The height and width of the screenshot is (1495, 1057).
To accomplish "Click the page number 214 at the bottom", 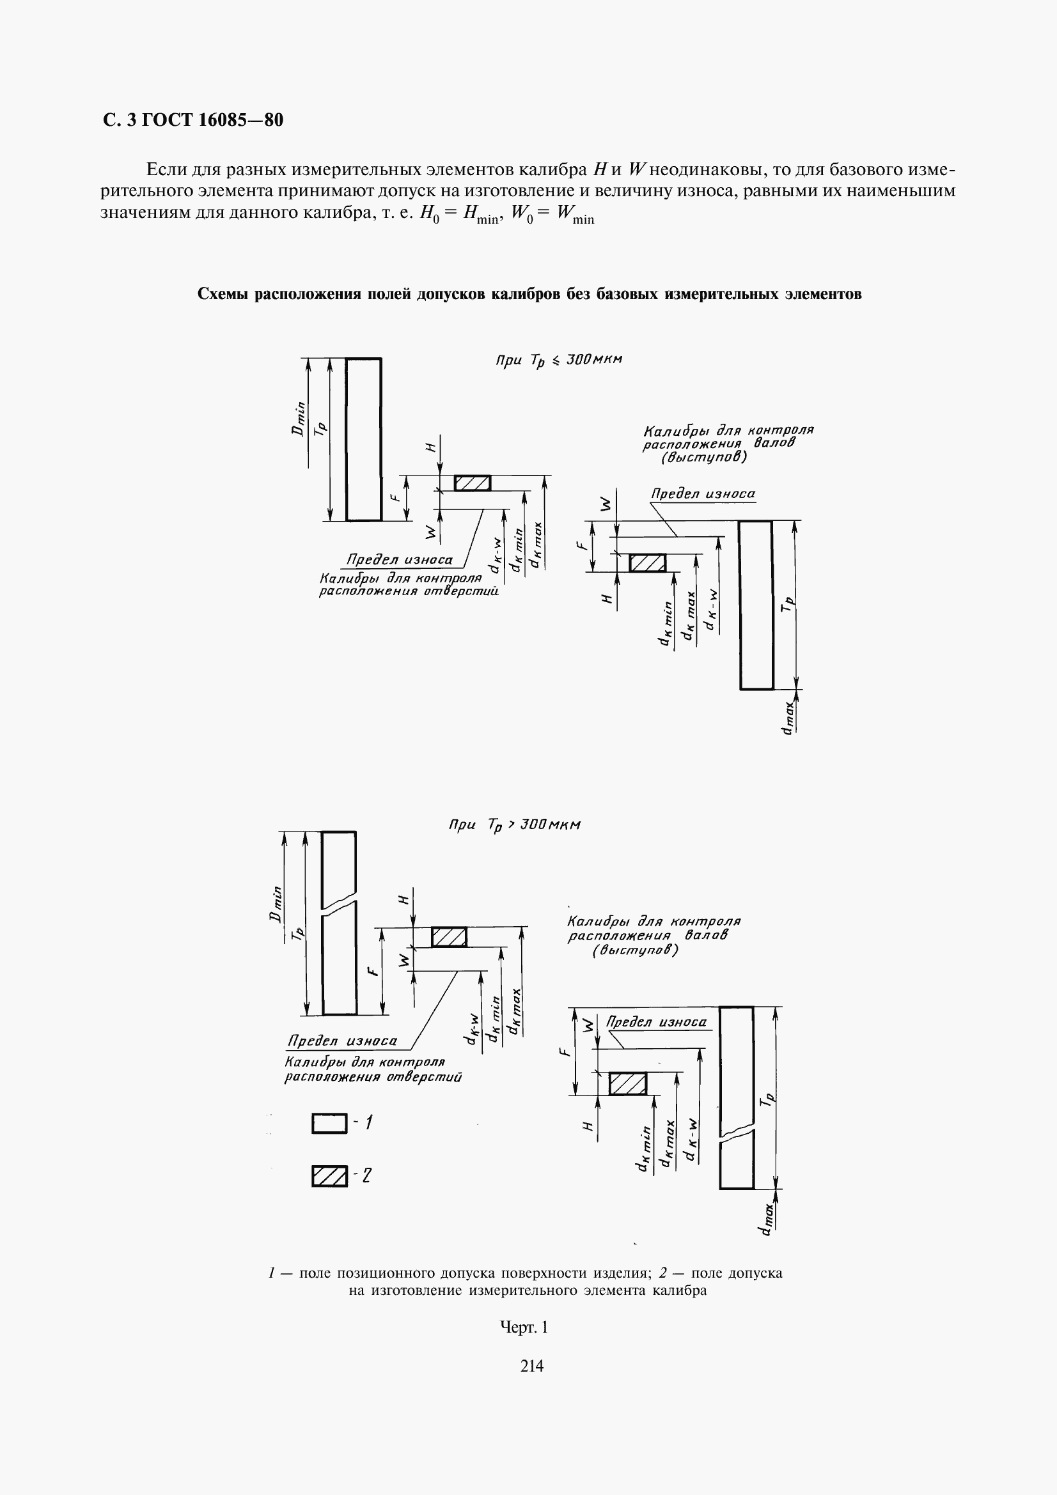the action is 532,1365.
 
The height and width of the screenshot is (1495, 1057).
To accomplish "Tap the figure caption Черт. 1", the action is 524,1326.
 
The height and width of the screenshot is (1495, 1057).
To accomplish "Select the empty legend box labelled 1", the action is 329,1124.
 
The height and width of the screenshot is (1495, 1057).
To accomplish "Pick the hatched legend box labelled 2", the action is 329,1176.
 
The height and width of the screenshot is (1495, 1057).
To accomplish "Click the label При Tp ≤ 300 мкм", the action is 559,360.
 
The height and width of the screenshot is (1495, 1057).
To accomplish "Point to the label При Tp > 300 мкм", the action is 515,826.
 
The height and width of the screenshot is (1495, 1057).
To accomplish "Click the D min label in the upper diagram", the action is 299,419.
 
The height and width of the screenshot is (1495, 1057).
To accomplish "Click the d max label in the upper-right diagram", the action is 788,718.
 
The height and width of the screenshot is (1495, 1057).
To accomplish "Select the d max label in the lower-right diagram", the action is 767,1218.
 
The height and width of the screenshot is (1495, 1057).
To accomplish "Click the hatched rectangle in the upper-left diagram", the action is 472,483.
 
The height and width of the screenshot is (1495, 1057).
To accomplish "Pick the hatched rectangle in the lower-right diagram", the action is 628,1083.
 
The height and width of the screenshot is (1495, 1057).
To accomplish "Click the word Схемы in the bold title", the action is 223,294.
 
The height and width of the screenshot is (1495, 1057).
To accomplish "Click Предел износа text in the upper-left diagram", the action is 399,560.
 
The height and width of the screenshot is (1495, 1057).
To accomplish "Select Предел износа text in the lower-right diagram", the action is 657,1021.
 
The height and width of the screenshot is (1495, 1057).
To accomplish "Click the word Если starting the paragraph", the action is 168,170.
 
